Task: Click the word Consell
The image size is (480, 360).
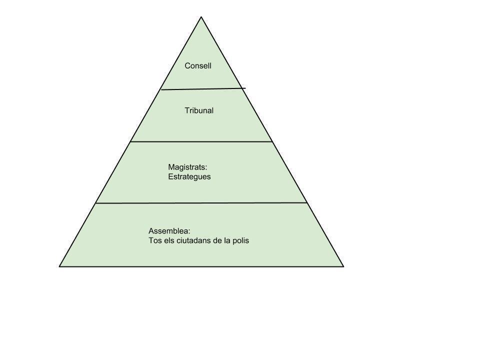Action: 198,65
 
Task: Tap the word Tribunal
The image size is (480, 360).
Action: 199,110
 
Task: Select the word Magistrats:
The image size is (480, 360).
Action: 187,167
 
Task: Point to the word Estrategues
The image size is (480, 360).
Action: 189,176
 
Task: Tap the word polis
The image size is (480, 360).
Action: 240,240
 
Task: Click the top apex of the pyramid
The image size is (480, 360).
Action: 201,17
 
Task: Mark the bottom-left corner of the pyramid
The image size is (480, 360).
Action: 59,266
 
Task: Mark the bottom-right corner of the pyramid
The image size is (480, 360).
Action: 343,266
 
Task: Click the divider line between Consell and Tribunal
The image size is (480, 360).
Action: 200,89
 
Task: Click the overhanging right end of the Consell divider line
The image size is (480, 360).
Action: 244,88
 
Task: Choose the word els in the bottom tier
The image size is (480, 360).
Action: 168,240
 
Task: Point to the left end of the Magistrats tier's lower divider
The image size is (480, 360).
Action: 96,203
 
